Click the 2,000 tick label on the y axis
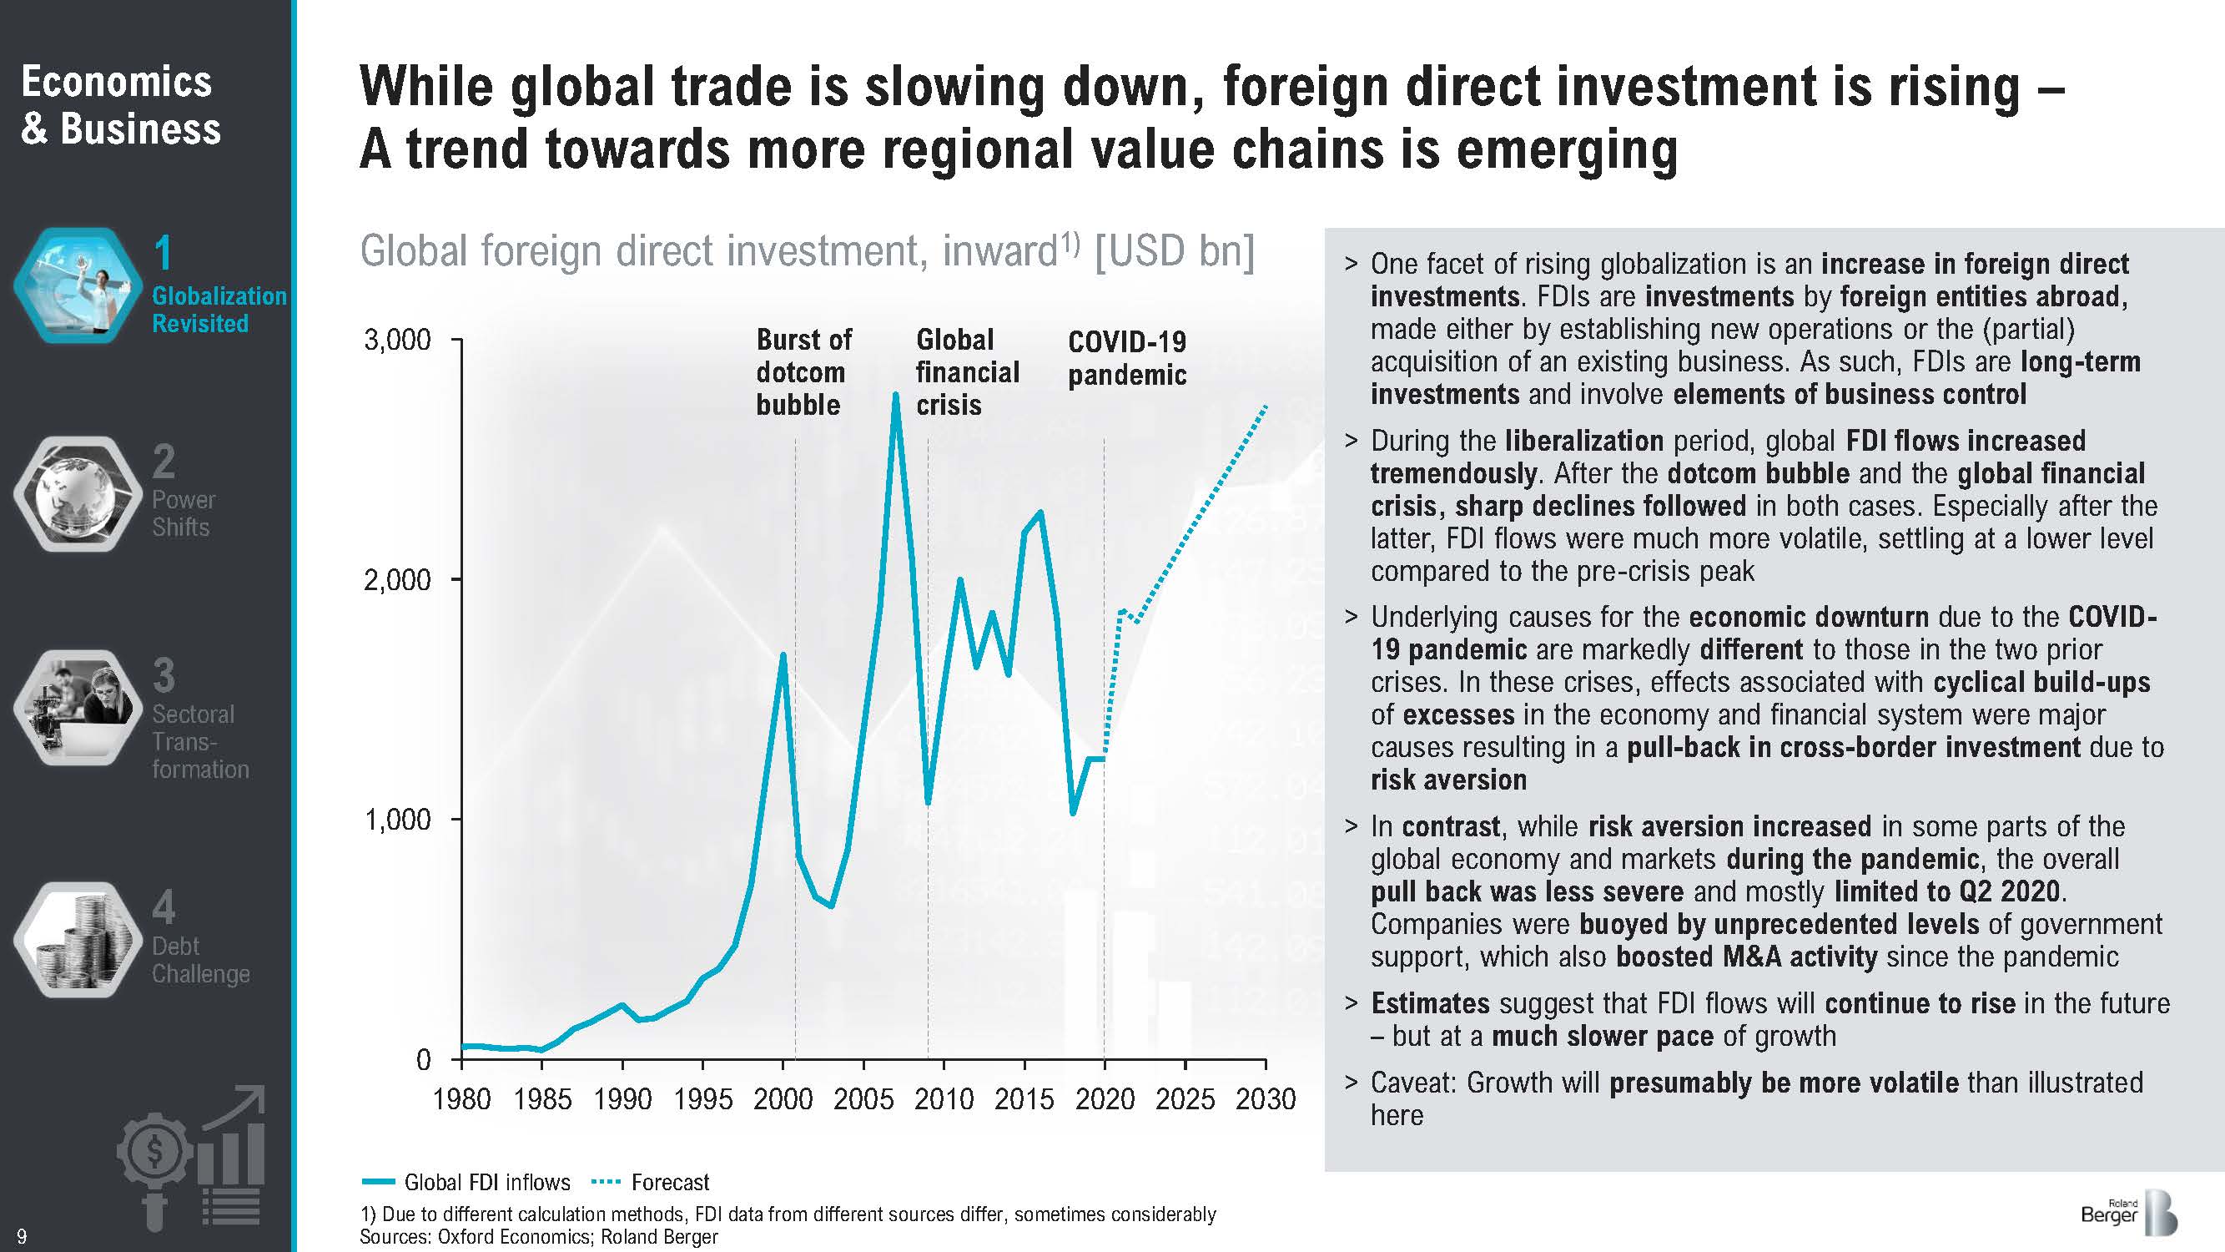point(396,580)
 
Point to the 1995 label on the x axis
point(702,1099)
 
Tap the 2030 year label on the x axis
point(1266,1099)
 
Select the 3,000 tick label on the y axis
point(396,341)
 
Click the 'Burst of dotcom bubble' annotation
point(803,372)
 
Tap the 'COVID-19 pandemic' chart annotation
point(1126,359)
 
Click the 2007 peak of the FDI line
point(896,396)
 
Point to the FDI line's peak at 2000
point(783,656)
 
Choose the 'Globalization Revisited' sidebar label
point(219,309)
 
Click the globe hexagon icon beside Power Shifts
point(78,494)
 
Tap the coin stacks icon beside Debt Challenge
point(78,940)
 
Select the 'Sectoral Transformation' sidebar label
point(199,741)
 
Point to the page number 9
point(22,1236)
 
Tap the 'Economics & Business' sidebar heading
point(120,105)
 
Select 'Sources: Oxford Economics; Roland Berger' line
point(538,1236)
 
